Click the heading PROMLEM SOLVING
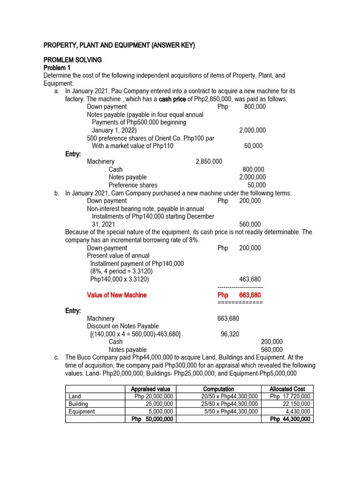pyautogui.click(x=72, y=60)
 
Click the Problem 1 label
pyautogui.click(x=57, y=67)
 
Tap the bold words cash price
pyautogui.click(x=172, y=99)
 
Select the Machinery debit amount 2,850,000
pyautogui.click(x=209, y=162)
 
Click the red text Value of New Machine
pyautogui.click(x=117, y=295)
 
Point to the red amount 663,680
pyautogui.click(x=250, y=295)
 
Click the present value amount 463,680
pyautogui.click(x=250, y=279)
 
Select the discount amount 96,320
pyautogui.click(x=230, y=334)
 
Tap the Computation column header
pyautogui.click(x=218, y=389)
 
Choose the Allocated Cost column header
pyautogui.click(x=287, y=389)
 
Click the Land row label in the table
pyautogui.click(x=75, y=397)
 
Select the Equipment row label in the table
pyautogui.click(x=82, y=412)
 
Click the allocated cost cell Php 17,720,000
pyautogui.click(x=290, y=397)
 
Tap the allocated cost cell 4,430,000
pyautogui.click(x=298, y=412)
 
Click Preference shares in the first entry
pyautogui.click(x=133, y=185)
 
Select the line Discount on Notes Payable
pyautogui.click(x=123, y=326)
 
